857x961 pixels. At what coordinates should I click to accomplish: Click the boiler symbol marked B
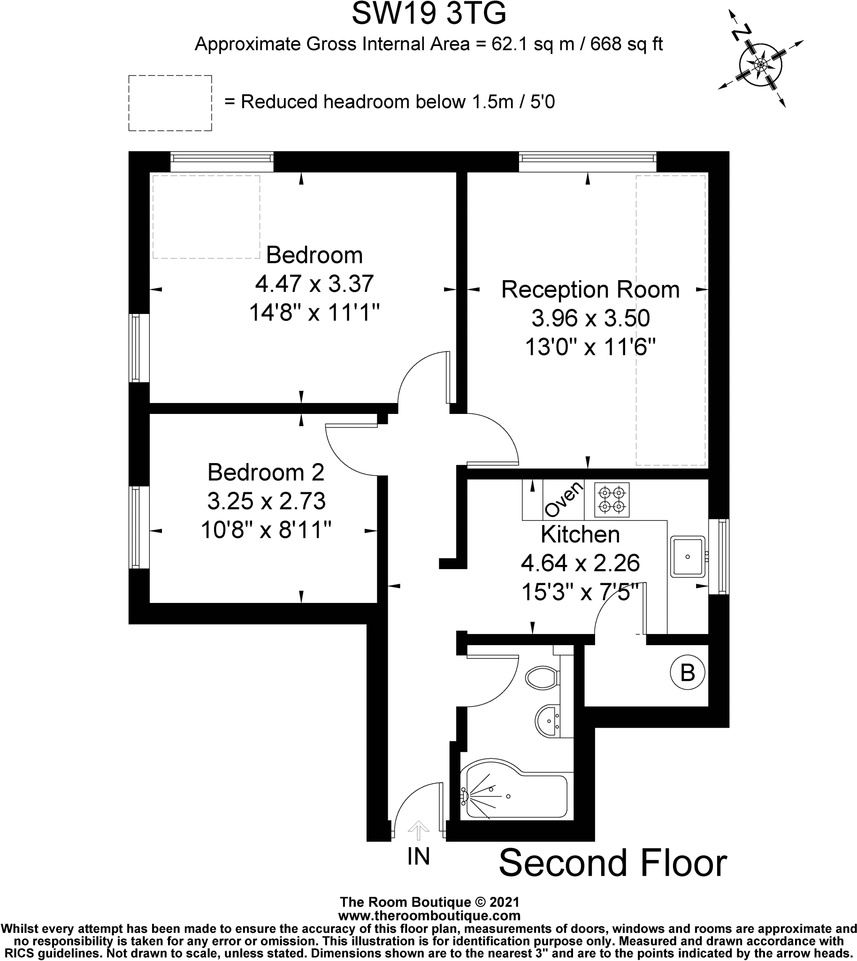688,673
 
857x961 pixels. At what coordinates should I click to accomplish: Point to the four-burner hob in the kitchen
612,500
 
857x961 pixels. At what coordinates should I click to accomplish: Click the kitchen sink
688,557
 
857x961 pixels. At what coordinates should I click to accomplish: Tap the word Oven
563,500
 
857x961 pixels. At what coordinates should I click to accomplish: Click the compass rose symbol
760,63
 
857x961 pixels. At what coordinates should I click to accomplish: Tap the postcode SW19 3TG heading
428,14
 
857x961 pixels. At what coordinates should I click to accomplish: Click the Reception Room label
590,290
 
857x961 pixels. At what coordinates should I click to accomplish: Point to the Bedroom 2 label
266,472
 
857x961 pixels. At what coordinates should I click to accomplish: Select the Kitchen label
580,534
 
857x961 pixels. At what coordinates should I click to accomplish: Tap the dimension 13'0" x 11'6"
590,348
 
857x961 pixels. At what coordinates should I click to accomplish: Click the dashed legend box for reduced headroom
170,103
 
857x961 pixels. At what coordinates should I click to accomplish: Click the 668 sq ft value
626,44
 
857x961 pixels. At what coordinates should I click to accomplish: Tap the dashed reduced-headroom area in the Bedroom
206,217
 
